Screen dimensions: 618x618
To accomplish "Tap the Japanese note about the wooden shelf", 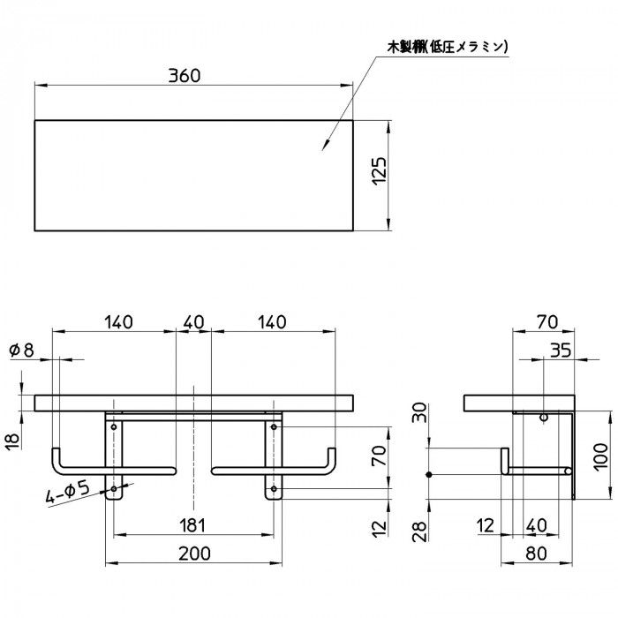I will pyautogui.click(x=448, y=46).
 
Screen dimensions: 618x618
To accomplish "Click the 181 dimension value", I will pyautogui.click(x=192, y=525).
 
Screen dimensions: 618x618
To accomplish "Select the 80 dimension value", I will pyautogui.click(x=535, y=554).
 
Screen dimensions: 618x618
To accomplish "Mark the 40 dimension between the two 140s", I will pyautogui.click(x=192, y=322).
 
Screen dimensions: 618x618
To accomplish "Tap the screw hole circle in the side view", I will pyautogui.click(x=544, y=416).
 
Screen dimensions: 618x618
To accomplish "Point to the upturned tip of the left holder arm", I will pyautogui.click(x=57, y=456).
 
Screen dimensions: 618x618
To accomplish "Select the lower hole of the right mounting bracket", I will pyautogui.click(x=275, y=487).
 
